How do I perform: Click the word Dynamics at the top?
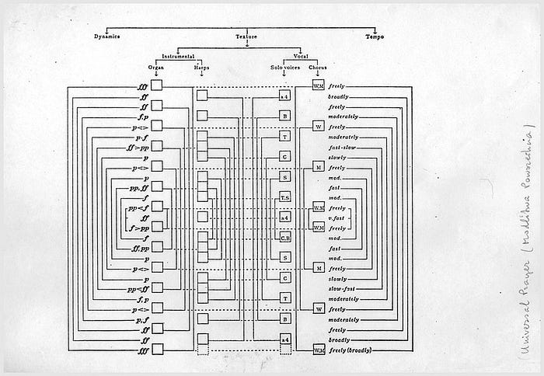[107, 37]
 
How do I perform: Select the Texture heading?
[246, 37]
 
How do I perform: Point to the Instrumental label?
[178, 56]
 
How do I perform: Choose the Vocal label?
[302, 56]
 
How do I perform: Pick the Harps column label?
[202, 67]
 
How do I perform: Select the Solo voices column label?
[285, 67]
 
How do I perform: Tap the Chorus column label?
[319, 67]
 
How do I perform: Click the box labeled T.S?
[285, 197]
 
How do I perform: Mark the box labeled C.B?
[285, 238]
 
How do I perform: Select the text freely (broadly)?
[350, 350]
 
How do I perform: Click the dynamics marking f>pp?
[140, 228]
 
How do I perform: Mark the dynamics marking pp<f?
[140, 207]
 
